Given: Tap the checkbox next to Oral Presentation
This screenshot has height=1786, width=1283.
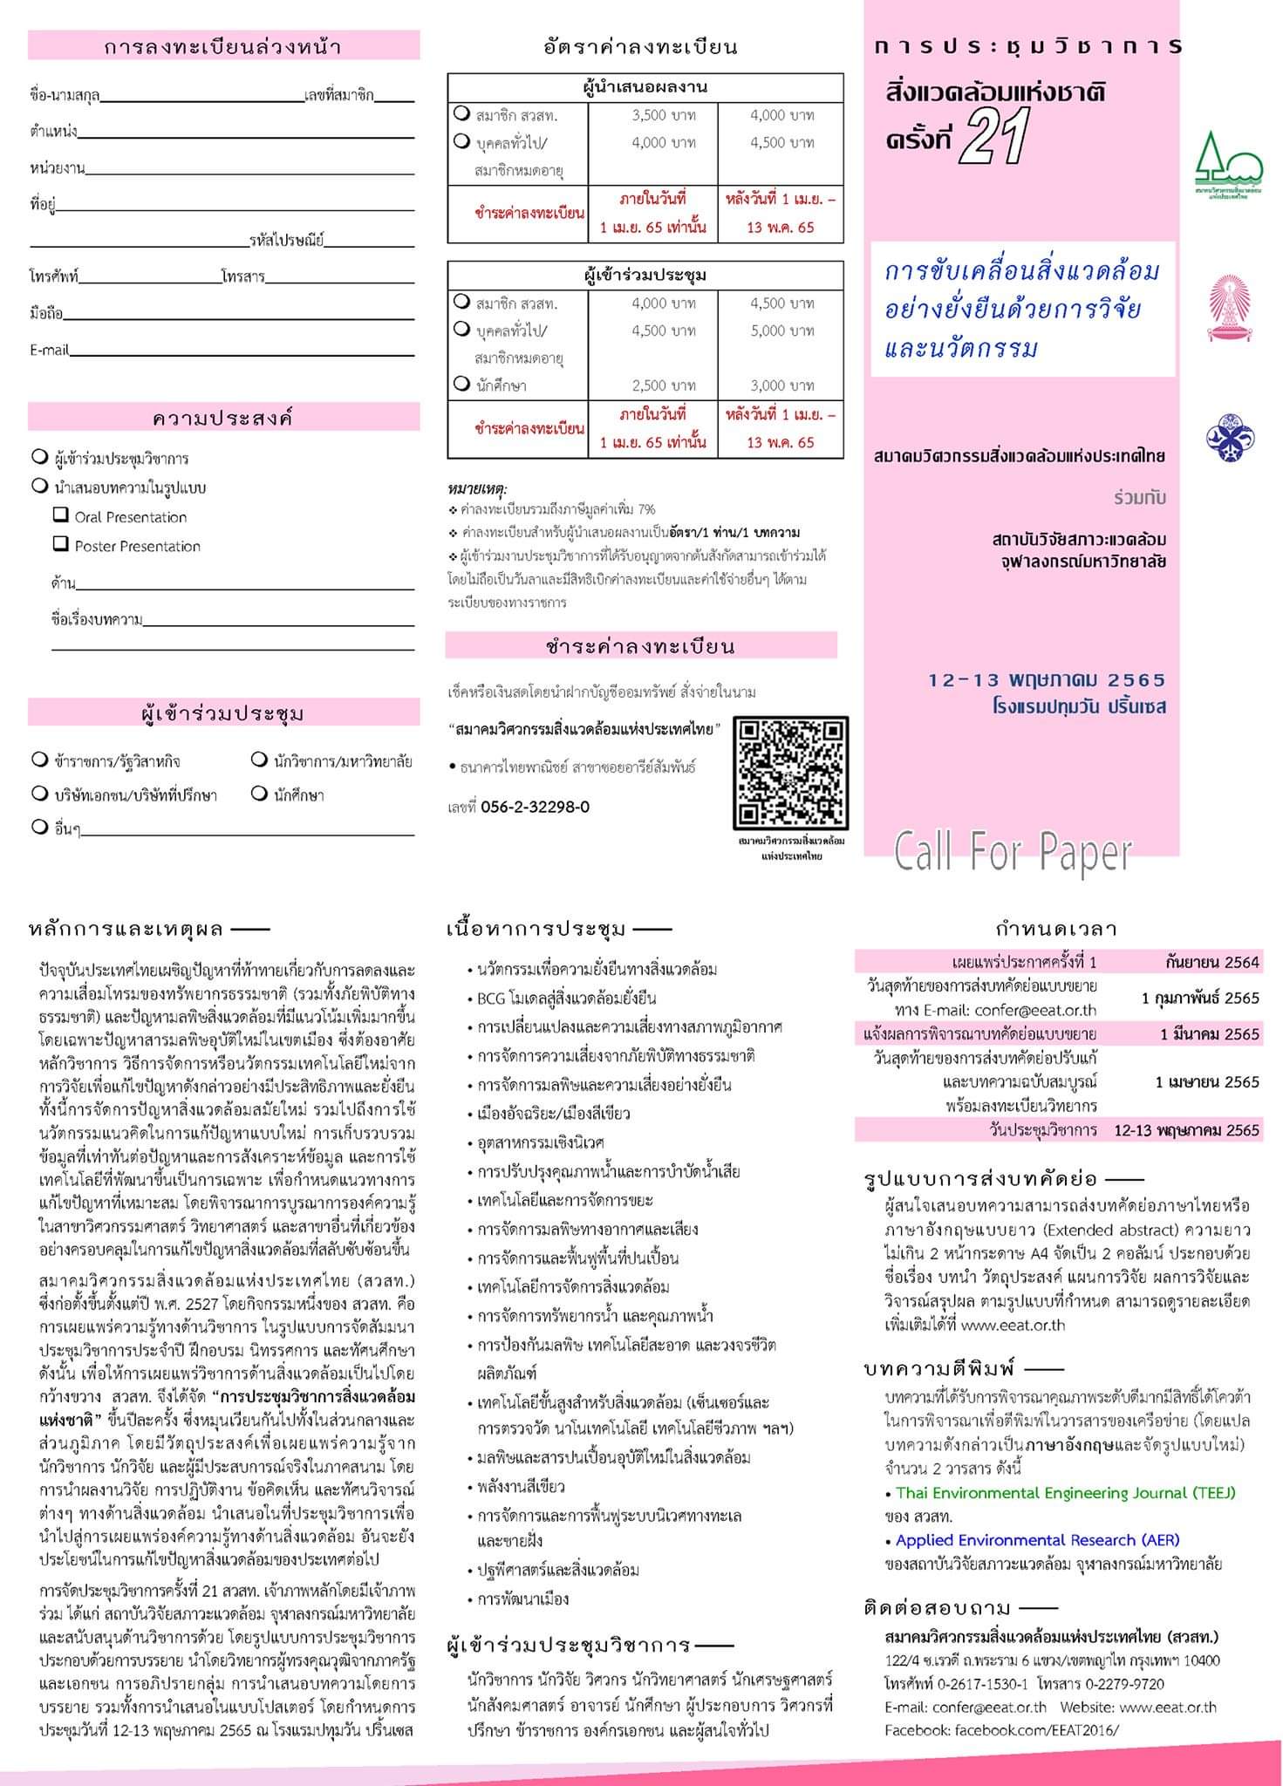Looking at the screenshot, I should (61, 515).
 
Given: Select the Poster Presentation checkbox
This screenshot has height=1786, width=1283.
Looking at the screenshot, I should (61, 544).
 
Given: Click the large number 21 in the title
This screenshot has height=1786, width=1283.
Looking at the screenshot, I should (995, 138).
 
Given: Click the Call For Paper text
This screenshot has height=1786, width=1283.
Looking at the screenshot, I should (1012, 853).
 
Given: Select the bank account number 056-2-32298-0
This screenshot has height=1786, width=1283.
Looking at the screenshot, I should (535, 807).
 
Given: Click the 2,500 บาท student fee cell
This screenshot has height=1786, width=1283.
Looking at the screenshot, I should (664, 385).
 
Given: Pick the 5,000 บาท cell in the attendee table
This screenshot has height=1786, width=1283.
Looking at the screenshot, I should (781, 331).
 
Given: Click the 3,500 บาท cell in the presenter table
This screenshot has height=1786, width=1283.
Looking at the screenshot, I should (664, 115).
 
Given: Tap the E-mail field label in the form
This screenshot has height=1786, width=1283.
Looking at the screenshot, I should (49, 350).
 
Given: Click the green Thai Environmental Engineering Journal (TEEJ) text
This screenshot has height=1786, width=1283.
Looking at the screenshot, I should (1065, 1492).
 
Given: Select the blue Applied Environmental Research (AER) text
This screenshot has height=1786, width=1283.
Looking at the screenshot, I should (1037, 1539).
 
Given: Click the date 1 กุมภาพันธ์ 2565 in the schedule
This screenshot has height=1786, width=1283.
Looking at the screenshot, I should (1200, 998).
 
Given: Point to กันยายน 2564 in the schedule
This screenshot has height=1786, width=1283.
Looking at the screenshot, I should (1211, 962).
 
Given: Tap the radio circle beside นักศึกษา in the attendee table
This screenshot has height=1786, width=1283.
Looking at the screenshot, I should (461, 384).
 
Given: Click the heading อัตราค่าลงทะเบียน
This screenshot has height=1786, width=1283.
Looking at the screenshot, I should (640, 47).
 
